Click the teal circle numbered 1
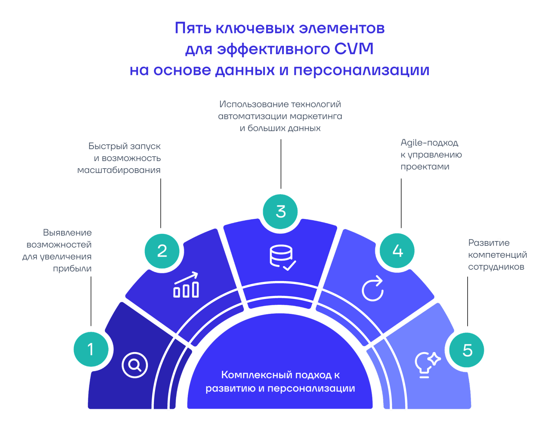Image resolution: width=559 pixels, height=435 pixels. (91, 349)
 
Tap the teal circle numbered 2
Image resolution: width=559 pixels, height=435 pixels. (162, 251)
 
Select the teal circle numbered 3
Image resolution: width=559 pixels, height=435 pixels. (280, 212)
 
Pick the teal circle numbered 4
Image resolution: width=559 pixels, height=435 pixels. (397, 251)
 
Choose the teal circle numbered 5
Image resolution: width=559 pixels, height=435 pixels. (467, 350)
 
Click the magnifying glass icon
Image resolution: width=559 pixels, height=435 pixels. (135, 365)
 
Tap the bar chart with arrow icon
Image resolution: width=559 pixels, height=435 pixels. (186, 285)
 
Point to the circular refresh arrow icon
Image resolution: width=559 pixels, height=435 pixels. (373, 289)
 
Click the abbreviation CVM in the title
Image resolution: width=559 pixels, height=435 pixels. (353, 49)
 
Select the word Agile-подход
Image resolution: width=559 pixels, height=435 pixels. (429, 143)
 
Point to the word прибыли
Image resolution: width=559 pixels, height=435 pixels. (72, 269)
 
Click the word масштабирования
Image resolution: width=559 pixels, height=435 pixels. (119, 170)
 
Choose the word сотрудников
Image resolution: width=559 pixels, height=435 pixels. (496, 267)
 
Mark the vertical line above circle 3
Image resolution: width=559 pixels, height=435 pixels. (281, 164)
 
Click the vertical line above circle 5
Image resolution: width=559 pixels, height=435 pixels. (467, 301)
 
